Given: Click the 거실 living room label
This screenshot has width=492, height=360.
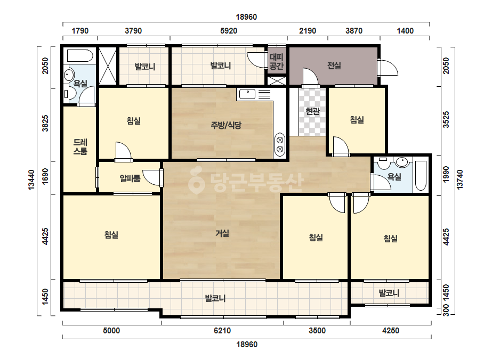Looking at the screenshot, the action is click(x=222, y=233).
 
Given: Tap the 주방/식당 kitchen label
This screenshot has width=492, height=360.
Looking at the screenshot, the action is click(x=226, y=126).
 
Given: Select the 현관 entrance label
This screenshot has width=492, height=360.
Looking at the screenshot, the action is click(x=312, y=111).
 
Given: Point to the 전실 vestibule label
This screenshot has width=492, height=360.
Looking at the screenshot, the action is click(x=334, y=66).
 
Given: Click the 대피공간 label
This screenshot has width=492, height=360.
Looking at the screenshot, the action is click(x=277, y=61).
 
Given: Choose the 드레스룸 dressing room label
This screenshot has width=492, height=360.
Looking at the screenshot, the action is click(x=80, y=147).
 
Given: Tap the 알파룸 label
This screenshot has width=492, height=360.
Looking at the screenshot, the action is click(x=130, y=179).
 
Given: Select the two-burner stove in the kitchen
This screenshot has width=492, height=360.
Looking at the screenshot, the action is click(x=280, y=144).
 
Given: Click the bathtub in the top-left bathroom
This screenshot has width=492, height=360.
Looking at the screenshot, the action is click(x=80, y=56).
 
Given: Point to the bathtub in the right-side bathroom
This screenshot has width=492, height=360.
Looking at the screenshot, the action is click(x=421, y=176).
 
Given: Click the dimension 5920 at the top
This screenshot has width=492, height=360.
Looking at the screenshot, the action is click(x=229, y=31).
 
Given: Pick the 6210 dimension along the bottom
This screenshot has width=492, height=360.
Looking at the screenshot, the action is click(x=222, y=331).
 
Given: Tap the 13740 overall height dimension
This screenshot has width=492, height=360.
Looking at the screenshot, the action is click(x=459, y=179).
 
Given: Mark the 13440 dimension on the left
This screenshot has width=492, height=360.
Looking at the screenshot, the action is click(x=31, y=179).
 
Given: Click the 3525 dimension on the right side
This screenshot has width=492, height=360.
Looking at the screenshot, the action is click(x=446, y=119).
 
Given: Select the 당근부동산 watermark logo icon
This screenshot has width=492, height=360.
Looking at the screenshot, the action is click(x=196, y=181).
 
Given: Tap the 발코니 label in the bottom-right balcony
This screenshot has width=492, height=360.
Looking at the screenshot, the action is click(x=389, y=293).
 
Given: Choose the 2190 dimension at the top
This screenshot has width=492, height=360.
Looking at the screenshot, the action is click(x=308, y=31).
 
